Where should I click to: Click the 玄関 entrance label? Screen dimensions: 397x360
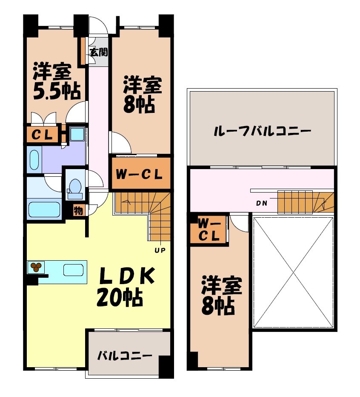98,52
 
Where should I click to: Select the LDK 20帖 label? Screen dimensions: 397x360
121,286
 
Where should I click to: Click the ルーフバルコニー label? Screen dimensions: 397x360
262,130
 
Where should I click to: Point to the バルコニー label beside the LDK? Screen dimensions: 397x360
124,355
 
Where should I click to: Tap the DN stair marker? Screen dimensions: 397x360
262,203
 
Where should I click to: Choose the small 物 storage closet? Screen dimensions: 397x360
78,210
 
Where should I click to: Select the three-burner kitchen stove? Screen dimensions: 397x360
36,267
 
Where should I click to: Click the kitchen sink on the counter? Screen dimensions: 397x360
73,270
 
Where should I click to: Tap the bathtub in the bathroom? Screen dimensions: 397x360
44,210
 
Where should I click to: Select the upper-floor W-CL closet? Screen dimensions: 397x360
209,229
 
